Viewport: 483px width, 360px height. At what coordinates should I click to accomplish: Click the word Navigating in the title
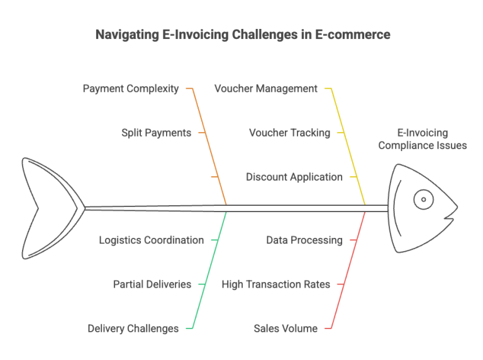coord(128,35)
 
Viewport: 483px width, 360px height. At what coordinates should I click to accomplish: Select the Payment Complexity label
coord(131,89)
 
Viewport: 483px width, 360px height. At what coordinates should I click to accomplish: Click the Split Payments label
coord(156,133)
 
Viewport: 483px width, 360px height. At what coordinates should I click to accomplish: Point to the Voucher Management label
coord(266,89)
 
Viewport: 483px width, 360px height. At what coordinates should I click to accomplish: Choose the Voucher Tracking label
coord(289,133)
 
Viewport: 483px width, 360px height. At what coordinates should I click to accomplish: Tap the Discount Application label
coord(294,177)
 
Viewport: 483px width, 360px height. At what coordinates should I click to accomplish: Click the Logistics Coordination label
coord(151,240)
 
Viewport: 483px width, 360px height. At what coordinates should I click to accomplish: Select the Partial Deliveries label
coord(152,284)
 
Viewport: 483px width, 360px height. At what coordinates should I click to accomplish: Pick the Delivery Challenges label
coord(133,329)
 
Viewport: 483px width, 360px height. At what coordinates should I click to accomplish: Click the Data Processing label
coord(304,240)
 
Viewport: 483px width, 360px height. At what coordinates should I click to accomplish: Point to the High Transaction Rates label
coord(275,284)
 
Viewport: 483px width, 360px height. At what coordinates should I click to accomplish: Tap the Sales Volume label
coord(286,329)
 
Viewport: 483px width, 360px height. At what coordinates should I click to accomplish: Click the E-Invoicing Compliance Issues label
coord(423,139)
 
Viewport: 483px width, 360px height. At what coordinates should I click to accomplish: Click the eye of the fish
coord(423,200)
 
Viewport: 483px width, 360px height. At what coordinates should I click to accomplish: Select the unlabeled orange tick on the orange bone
coord(214,177)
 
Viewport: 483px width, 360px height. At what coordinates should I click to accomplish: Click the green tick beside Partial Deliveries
coord(202,284)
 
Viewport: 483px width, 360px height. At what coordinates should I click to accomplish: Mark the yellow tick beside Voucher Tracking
coord(341,133)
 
